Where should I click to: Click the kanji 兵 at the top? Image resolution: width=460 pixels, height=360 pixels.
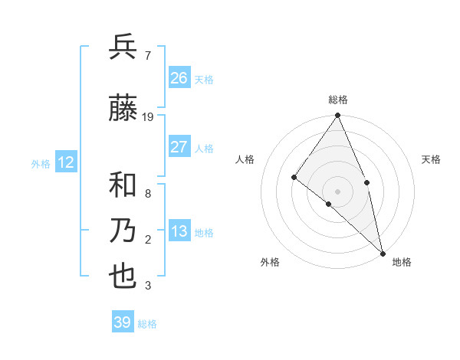click(123, 47)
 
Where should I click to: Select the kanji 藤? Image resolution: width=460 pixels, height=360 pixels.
click(123, 109)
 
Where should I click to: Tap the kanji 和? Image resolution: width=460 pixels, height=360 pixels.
click(123, 185)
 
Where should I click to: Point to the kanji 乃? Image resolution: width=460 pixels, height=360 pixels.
click(123, 231)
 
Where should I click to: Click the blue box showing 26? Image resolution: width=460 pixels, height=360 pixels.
click(179, 77)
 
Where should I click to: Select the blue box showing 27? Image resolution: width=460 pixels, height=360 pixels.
click(179, 147)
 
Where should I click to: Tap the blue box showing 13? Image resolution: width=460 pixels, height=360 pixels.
click(179, 231)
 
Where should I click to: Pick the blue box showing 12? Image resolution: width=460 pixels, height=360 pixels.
click(65, 162)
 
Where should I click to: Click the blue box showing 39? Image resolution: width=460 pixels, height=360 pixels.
click(123, 322)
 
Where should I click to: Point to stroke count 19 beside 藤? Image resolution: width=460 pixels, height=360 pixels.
click(148, 117)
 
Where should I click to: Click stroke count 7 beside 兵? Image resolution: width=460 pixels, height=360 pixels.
click(147, 55)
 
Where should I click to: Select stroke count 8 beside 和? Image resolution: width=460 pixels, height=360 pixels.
click(147, 194)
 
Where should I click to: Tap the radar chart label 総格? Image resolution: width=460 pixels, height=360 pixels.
click(338, 100)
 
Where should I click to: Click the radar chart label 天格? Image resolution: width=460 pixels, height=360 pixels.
click(432, 159)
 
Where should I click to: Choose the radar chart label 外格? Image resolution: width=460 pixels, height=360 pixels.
click(270, 262)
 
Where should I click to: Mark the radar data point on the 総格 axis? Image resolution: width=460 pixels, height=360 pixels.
click(338, 116)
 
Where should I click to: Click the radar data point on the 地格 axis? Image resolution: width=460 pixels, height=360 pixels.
click(383, 252)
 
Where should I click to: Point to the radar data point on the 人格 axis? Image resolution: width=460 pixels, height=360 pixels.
click(294, 177)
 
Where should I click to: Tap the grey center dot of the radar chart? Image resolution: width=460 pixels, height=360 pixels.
click(338, 191)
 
